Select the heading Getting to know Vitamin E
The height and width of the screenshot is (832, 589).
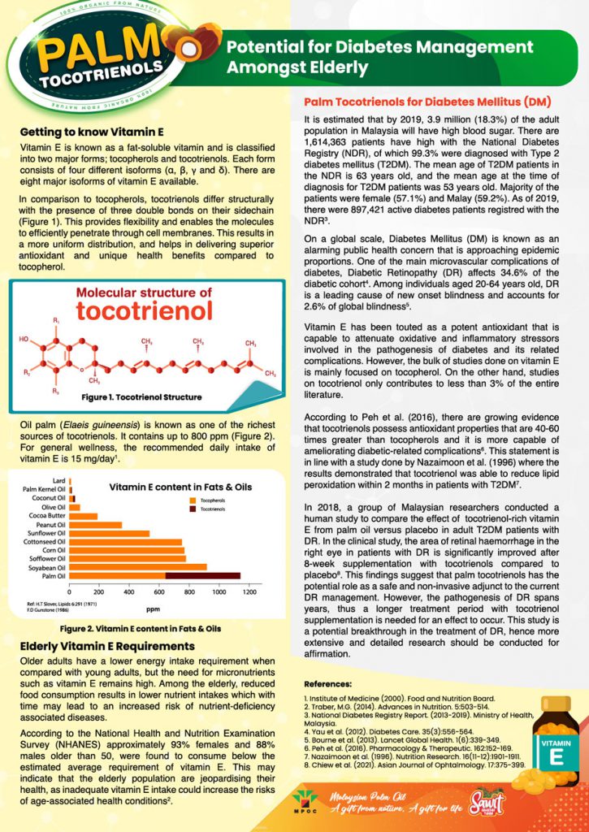(x=92, y=131)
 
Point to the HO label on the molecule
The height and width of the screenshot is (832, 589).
(x=24, y=339)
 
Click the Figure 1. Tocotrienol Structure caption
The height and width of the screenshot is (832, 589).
(x=141, y=397)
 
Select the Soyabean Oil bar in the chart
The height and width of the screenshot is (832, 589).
(x=138, y=567)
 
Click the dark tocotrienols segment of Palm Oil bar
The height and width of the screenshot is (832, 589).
(x=203, y=576)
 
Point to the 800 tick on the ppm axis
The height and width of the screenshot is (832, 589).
(x=189, y=591)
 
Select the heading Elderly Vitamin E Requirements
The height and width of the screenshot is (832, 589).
(x=107, y=645)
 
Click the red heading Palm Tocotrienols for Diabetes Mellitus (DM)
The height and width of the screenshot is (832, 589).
(x=427, y=102)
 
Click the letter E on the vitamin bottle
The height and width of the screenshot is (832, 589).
(x=557, y=757)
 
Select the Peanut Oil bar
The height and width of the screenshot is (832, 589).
(x=97, y=525)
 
